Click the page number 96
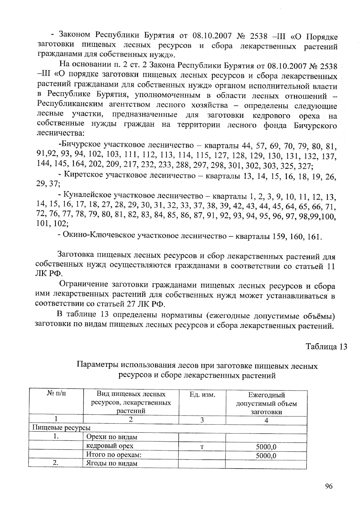point(329,486)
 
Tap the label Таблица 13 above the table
point(326,347)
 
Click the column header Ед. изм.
point(202,395)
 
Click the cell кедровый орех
point(109,446)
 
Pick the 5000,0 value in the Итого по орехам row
point(266,456)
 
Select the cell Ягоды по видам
point(112,463)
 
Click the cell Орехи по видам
point(112,437)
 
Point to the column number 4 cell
point(266,420)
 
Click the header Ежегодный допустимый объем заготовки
point(266,403)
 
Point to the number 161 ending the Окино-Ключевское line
point(314,237)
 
